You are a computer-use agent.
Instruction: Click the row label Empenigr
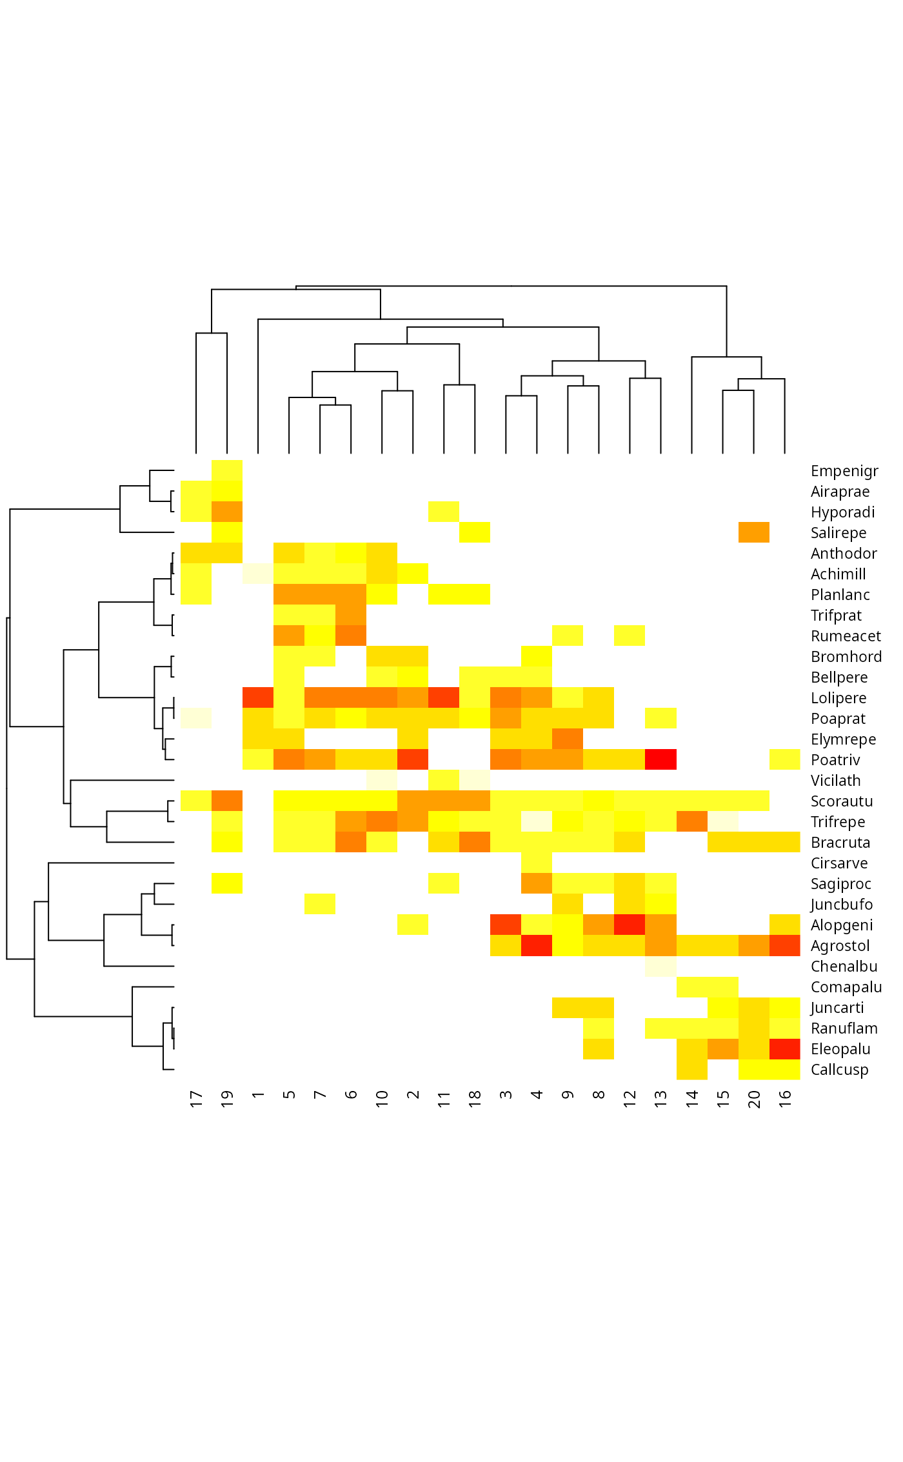coord(844,471)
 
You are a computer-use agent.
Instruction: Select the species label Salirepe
coord(838,533)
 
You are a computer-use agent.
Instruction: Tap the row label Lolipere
coord(838,698)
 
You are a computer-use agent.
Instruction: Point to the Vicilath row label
coord(835,781)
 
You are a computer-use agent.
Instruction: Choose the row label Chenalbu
coord(844,966)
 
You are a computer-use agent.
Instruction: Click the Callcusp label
coord(839,1070)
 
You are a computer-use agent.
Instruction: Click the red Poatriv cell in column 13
coord(660,759)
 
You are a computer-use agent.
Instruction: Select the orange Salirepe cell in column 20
coord(753,532)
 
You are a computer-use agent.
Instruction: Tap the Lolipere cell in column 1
coord(258,697)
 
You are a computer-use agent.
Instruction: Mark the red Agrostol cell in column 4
coord(537,945)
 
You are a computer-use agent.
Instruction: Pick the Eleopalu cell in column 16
coord(784,1048)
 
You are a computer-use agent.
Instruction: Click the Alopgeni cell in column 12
coord(630,925)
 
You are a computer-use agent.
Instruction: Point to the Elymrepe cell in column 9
coord(568,739)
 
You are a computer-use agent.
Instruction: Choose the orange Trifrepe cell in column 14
coord(691,821)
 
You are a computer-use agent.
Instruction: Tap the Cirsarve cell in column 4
coord(537,863)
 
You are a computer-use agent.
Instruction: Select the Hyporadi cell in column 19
coord(227,512)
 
